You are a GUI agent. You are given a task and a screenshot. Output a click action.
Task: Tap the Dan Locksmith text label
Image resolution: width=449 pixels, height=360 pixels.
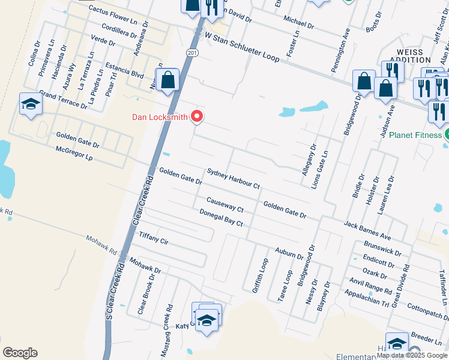click(160, 117)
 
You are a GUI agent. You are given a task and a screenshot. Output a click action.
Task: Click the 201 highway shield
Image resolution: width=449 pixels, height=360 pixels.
click(191, 53)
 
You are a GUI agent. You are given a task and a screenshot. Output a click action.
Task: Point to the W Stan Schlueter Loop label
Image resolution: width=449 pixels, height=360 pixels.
click(243, 48)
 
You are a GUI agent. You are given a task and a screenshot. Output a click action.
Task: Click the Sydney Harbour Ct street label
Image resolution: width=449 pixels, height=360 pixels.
click(233, 179)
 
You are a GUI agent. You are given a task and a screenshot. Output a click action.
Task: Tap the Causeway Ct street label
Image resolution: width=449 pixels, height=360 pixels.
click(224, 205)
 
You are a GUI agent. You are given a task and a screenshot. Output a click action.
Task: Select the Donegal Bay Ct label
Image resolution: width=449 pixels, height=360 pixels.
click(221, 218)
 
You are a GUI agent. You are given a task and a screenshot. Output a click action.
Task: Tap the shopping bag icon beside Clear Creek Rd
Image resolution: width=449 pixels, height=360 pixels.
click(168, 80)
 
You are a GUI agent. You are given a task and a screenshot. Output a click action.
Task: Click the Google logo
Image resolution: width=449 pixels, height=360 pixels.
click(20, 353)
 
